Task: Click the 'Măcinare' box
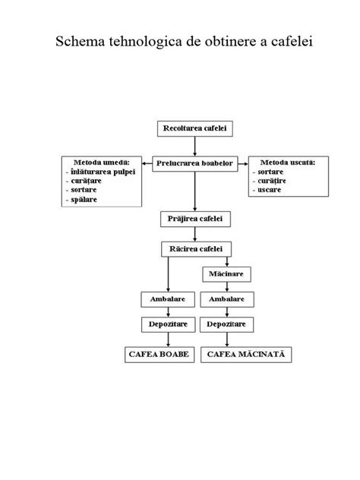click(226, 273)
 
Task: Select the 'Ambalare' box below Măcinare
click(226, 298)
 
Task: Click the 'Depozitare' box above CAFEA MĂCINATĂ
click(226, 324)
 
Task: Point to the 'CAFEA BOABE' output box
click(160, 355)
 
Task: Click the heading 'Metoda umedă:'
click(101, 162)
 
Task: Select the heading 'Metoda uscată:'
click(288, 162)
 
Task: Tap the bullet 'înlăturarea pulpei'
click(100, 172)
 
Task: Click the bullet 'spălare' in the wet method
click(89, 199)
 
